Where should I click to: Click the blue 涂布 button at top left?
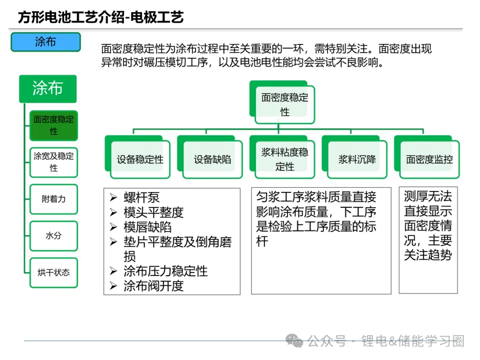[x=46, y=42]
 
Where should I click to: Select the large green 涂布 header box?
[x=48, y=89]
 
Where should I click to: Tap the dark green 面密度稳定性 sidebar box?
[x=54, y=125]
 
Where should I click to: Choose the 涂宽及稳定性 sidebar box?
[x=54, y=162]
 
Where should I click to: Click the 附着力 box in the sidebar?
[x=54, y=199]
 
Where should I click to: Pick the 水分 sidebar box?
[x=54, y=236]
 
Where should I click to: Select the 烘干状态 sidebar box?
[x=54, y=272]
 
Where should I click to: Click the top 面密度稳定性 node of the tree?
[x=282, y=102]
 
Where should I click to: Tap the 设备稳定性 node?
[x=137, y=157]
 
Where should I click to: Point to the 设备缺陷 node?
[x=210, y=157]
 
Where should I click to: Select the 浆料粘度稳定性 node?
[x=282, y=157]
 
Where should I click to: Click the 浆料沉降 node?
[x=355, y=157]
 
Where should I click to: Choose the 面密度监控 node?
[x=427, y=157]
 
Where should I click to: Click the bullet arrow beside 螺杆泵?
[x=113, y=197]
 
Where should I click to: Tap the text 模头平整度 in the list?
[x=154, y=212]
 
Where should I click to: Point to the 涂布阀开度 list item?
[x=154, y=286]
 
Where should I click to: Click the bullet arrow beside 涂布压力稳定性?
[x=113, y=271]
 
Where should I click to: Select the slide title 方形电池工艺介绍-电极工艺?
[x=101, y=17]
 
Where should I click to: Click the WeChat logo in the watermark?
[x=294, y=340]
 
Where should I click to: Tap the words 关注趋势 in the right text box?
[x=428, y=255]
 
